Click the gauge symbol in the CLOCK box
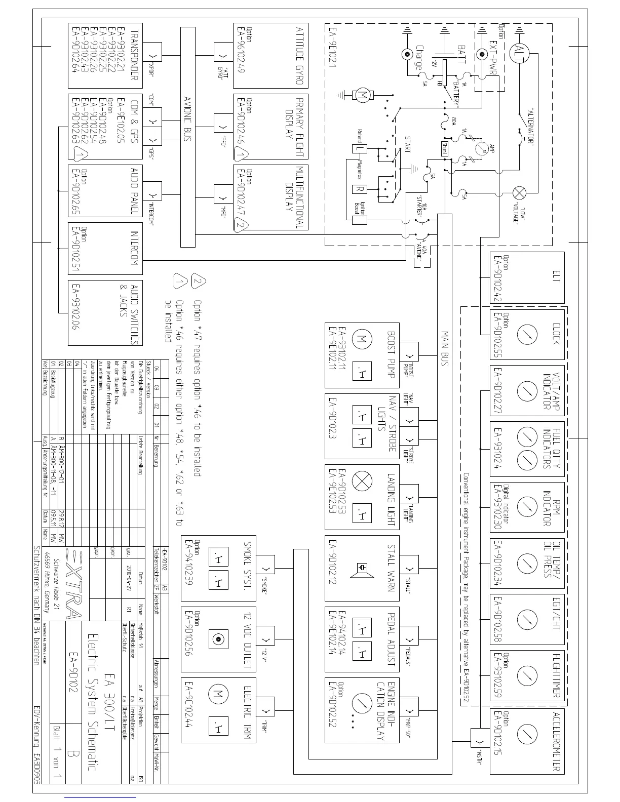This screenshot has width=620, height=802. (527, 334)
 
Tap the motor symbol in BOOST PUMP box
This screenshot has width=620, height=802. (362, 339)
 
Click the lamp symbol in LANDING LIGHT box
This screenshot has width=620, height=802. (362, 482)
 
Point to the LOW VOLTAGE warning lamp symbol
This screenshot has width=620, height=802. (520, 193)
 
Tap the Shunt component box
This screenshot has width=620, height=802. (445, 148)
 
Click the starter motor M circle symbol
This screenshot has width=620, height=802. (362, 94)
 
